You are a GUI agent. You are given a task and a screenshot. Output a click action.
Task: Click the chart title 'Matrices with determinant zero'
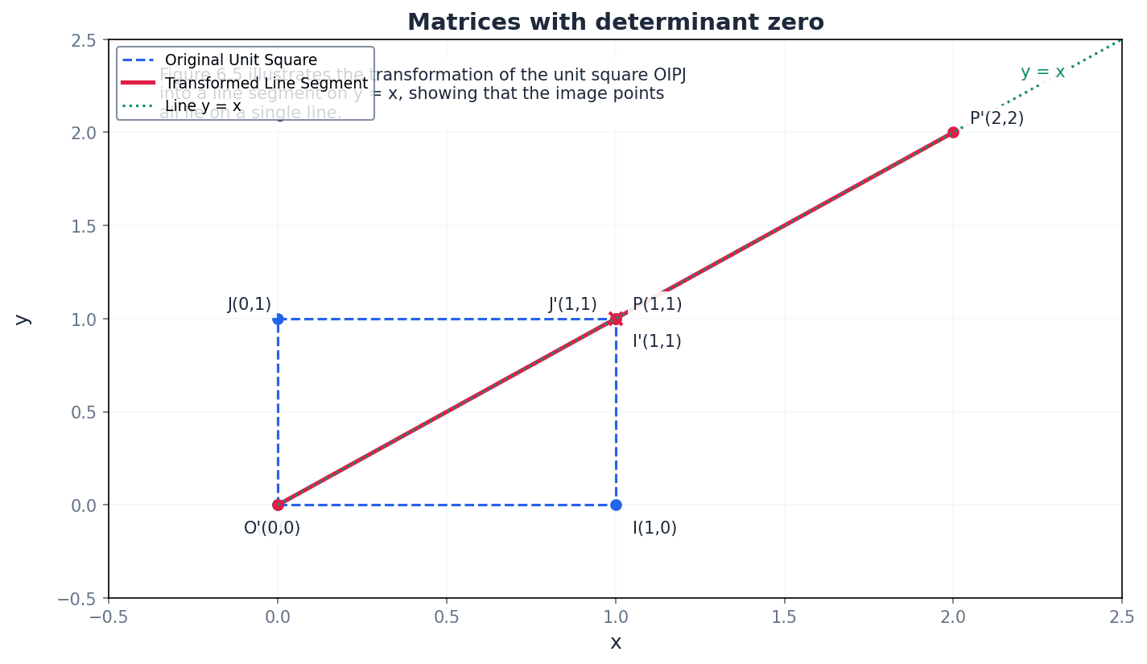(x=615, y=22)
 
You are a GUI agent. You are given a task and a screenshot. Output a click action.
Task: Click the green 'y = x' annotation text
(x=1042, y=72)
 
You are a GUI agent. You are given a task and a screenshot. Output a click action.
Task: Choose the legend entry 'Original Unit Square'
(x=241, y=60)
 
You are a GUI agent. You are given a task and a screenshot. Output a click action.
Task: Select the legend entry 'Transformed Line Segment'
(x=266, y=83)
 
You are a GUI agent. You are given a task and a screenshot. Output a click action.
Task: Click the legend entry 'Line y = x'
(x=203, y=105)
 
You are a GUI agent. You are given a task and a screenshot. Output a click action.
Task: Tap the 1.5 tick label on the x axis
(x=784, y=617)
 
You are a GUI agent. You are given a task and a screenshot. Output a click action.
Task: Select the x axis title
(x=615, y=642)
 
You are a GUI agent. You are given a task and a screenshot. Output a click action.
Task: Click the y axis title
(x=23, y=319)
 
